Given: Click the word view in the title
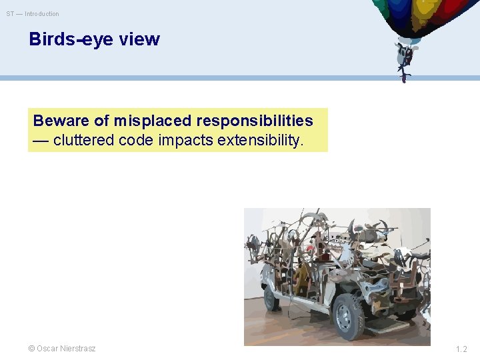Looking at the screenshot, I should click(x=139, y=39).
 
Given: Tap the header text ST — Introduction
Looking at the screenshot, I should click(x=33, y=14).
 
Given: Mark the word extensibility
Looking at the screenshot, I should click(x=262, y=140).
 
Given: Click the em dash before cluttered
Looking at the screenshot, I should click(x=41, y=140).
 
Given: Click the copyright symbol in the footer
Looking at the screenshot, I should click(x=31, y=349).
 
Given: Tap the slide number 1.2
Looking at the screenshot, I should click(x=461, y=349).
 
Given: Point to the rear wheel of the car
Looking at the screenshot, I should click(x=271, y=297).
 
